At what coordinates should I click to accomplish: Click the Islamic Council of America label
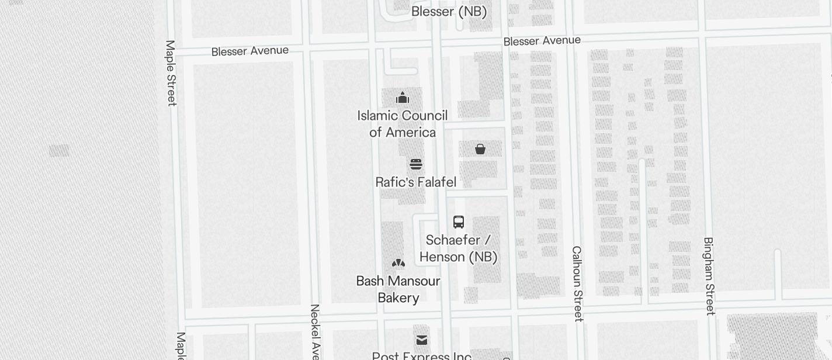(403, 124)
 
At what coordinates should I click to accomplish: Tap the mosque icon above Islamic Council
(403, 98)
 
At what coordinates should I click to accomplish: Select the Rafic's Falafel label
(415, 182)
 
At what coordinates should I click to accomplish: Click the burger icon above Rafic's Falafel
(416, 164)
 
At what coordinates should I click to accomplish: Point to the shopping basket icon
(480, 149)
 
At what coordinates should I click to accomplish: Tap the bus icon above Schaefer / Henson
(459, 222)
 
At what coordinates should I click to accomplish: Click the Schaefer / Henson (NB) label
(459, 248)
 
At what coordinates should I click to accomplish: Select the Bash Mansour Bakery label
(398, 289)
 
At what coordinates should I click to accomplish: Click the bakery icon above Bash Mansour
(398, 264)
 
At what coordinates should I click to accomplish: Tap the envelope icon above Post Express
(422, 340)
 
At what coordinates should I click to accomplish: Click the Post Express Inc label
(422, 355)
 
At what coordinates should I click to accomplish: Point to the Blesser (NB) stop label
(449, 12)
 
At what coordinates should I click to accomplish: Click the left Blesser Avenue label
(250, 51)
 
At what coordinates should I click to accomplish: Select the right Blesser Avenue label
(542, 41)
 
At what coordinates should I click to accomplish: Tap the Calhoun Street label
(577, 283)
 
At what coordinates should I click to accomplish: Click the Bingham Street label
(709, 276)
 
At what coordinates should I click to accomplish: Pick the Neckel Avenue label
(315, 331)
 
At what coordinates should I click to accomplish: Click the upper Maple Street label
(171, 73)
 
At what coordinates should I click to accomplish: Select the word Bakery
(398, 298)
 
